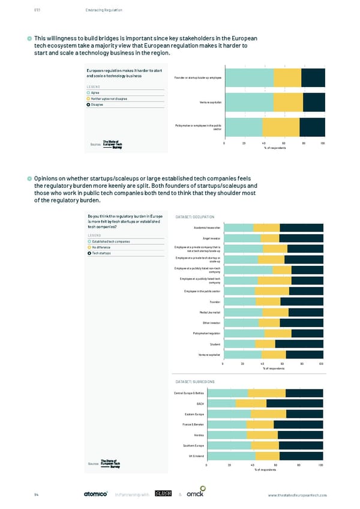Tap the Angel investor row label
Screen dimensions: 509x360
pos(211,238)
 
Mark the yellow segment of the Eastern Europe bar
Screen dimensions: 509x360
pos(268,414)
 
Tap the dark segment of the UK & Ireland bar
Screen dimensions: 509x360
pos(301,456)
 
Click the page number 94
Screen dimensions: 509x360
pos(37,495)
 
